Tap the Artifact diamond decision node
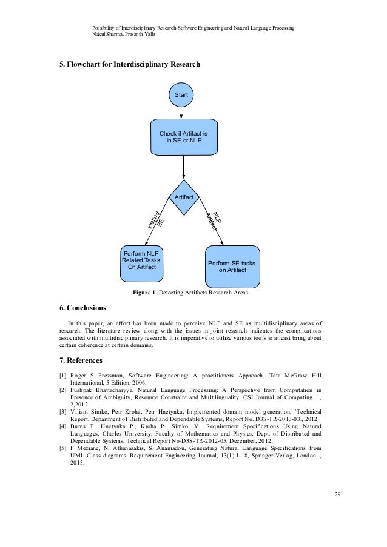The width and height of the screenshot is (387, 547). click(183, 197)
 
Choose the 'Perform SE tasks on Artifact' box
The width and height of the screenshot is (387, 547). click(232, 266)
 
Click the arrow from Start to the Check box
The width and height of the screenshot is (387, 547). click(181, 114)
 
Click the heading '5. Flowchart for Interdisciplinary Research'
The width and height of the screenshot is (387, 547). click(129, 65)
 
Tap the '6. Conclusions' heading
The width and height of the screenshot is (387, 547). click(82, 307)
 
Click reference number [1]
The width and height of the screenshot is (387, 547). click(62, 376)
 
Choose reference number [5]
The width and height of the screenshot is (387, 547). click(62, 449)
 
